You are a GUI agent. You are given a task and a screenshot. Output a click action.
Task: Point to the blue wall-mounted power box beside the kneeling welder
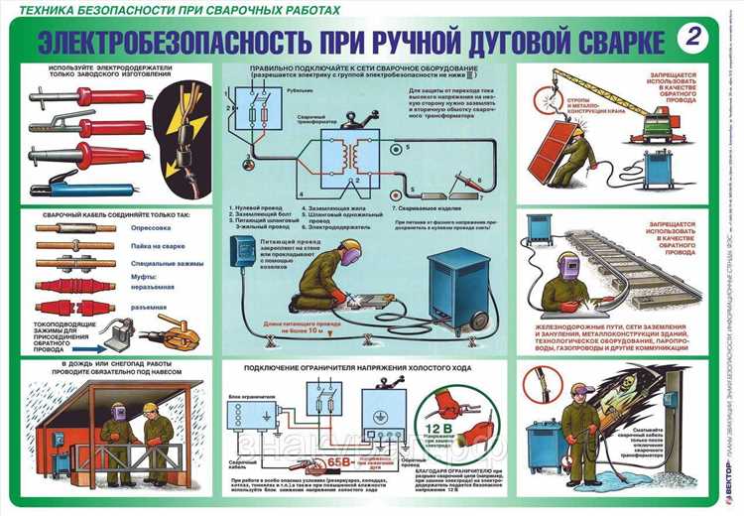[241, 254]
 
